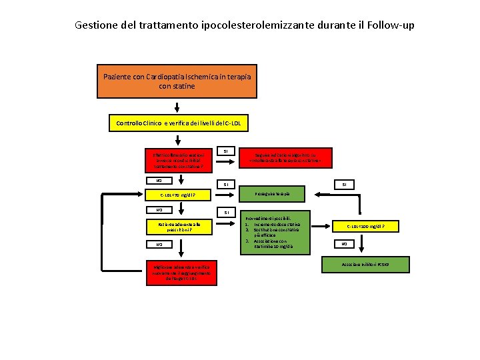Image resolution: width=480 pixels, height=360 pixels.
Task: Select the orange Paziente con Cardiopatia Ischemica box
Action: tap(177, 81)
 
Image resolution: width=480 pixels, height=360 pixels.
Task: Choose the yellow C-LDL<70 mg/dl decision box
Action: tap(177, 195)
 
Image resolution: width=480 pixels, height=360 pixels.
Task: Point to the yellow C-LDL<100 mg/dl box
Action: tap(366, 227)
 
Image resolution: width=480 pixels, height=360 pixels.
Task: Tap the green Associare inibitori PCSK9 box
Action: tap(366, 264)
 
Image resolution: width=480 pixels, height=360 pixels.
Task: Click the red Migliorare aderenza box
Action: tap(177, 273)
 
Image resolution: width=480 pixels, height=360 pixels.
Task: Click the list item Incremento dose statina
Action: tap(277, 225)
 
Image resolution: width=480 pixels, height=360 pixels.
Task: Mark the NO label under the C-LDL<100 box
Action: tap(344, 244)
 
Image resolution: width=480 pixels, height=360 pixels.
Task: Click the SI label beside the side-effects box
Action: tap(225, 151)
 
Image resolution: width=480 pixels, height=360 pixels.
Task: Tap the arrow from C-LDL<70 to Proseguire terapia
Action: tap(227, 194)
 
